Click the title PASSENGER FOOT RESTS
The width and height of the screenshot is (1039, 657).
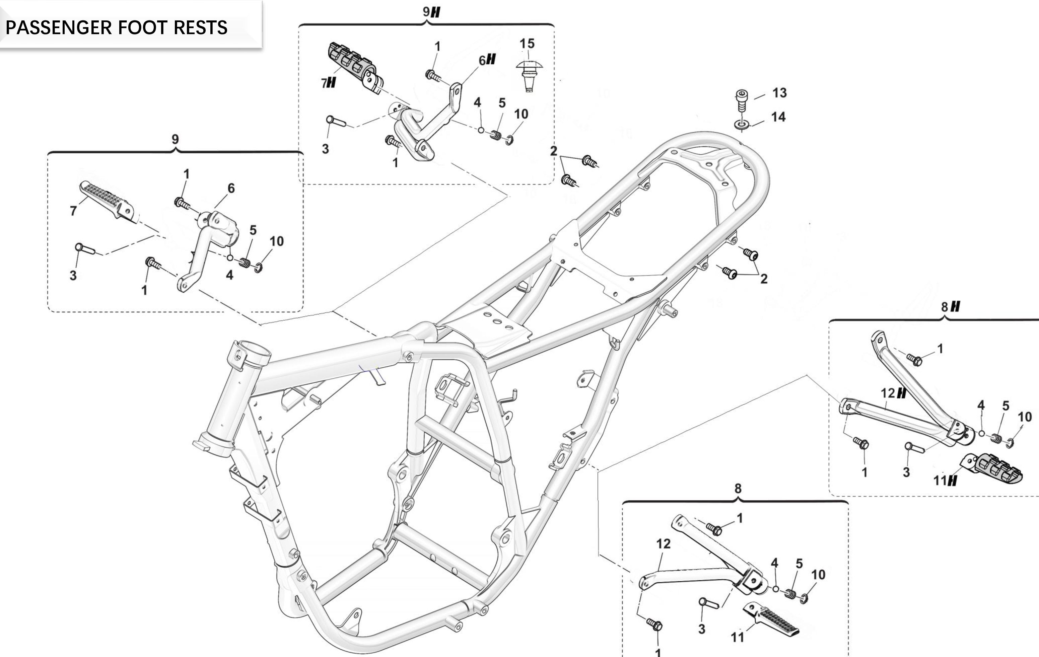tap(116, 27)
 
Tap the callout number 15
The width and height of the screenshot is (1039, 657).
tap(527, 44)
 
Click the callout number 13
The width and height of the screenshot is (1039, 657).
tap(779, 93)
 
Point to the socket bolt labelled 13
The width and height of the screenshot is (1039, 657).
tap(741, 100)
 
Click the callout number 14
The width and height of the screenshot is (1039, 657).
tap(778, 117)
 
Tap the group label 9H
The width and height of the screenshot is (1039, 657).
tap(431, 12)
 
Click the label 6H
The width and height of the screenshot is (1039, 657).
tap(487, 60)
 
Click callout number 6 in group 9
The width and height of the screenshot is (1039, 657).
tap(231, 188)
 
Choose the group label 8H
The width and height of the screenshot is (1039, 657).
tap(951, 307)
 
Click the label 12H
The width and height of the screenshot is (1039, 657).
tap(893, 393)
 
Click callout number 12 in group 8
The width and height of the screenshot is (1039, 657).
tap(663, 544)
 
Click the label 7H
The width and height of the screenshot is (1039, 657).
tap(328, 83)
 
